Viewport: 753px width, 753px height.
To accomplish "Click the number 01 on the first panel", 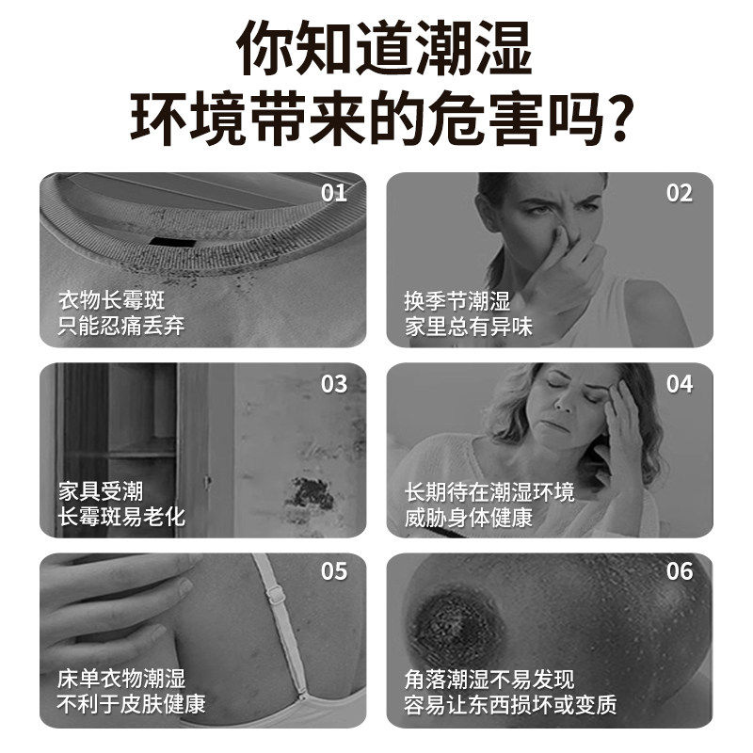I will [x=334, y=194].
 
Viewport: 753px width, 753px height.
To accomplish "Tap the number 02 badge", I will [x=680, y=194].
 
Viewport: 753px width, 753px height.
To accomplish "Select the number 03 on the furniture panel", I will [x=334, y=384].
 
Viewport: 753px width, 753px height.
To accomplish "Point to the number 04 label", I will [x=680, y=384].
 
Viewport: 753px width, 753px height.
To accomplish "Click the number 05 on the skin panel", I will [x=334, y=571].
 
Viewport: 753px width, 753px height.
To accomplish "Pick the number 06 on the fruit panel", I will [x=680, y=571].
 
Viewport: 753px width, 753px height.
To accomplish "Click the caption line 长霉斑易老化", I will [x=122, y=516].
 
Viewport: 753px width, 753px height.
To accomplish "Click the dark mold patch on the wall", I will [x=311, y=492].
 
